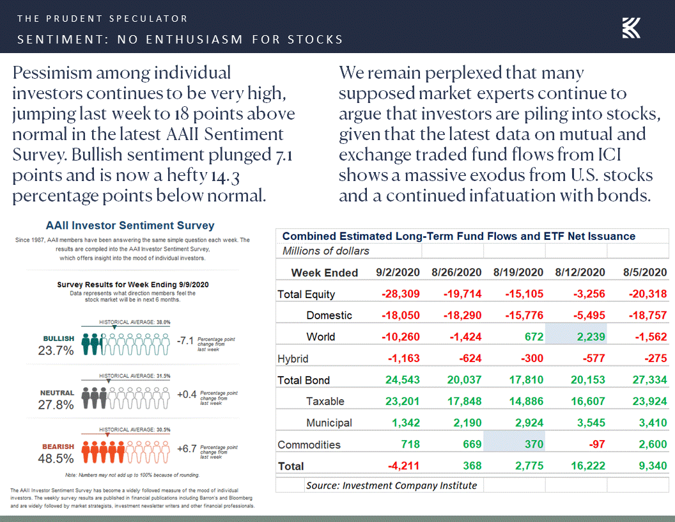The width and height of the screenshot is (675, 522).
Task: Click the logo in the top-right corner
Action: point(632,28)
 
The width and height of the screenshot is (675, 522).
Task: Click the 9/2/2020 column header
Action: point(398,273)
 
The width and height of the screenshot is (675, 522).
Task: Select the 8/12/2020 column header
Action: point(580,273)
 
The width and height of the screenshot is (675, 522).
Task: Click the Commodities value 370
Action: point(533,445)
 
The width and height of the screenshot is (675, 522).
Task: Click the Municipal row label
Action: point(329,423)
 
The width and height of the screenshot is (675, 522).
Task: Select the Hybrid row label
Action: point(293,359)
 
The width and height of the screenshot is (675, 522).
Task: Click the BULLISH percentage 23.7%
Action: point(56,351)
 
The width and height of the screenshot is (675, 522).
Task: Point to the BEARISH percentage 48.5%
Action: point(56,459)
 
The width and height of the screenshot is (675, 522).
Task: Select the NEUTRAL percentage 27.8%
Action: point(56,405)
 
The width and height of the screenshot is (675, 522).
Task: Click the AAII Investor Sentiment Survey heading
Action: point(130,226)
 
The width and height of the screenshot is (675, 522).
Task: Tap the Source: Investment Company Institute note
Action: point(391,485)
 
